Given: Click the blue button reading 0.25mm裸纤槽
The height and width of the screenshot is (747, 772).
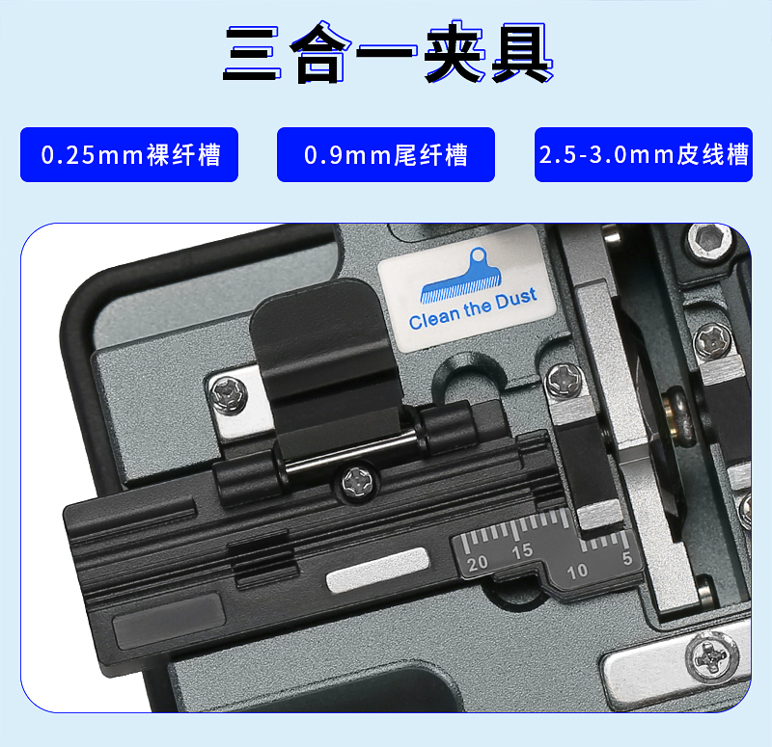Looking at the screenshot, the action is click(x=129, y=154).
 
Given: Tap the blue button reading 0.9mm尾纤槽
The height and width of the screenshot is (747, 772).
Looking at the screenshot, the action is click(x=385, y=154).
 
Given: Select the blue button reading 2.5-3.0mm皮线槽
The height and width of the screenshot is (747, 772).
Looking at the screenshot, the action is click(x=644, y=154).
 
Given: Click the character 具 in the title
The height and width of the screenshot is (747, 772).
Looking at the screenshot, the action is click(x=522, y=52).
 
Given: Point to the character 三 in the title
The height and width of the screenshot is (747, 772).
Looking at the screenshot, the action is click(x=251, y=53).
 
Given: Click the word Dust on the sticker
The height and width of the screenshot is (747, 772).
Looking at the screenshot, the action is click(x=516, y=299).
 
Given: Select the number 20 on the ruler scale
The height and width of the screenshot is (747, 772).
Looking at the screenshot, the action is click(x=477, y=563).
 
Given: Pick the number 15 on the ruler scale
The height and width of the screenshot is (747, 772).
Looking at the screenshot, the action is click(x=522, y=550).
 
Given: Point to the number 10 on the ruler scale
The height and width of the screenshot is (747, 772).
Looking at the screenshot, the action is click(x=577, y=572).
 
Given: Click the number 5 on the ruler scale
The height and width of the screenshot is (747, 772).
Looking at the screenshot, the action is click(x=626, y=558).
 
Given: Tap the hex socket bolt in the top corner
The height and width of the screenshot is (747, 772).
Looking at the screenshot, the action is click(x=708, y=240).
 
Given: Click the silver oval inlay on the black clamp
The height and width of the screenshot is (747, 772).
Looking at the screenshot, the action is click(x=377, y=570).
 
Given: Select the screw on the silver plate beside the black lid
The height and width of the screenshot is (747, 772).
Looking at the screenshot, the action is click(x=228, y=394).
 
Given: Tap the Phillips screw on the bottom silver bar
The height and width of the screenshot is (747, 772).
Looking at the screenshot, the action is click(x=711, y=657).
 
